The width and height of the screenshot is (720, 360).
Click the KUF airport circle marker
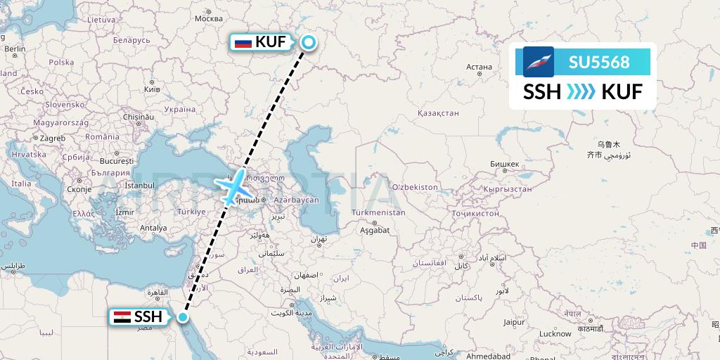point(308,43)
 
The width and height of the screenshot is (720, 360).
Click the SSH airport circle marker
point(183,317)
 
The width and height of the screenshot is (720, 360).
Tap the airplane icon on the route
point(235,186)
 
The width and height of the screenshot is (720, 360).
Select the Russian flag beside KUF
point(243,43)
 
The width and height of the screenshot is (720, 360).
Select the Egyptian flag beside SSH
point(122,317)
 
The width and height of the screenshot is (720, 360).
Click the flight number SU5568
point(599,63)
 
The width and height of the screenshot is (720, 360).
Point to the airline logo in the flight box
point(539,62)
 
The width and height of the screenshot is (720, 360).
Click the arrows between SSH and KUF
point(581,91)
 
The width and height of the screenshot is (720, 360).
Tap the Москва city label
point(208,18)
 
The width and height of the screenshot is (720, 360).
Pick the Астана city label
point(479,67)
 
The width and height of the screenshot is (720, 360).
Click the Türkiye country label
point(191,212)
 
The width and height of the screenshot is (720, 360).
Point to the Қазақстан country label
point(438,112)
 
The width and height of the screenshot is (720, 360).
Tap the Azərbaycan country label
point(297,200)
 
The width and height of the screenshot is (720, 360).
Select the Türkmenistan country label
point(378,212)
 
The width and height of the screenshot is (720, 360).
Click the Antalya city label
point(153,228)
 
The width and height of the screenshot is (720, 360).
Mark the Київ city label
point(152,89)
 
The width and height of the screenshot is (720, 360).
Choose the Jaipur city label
point(514,322)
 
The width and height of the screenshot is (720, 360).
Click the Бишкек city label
point(505,165)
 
